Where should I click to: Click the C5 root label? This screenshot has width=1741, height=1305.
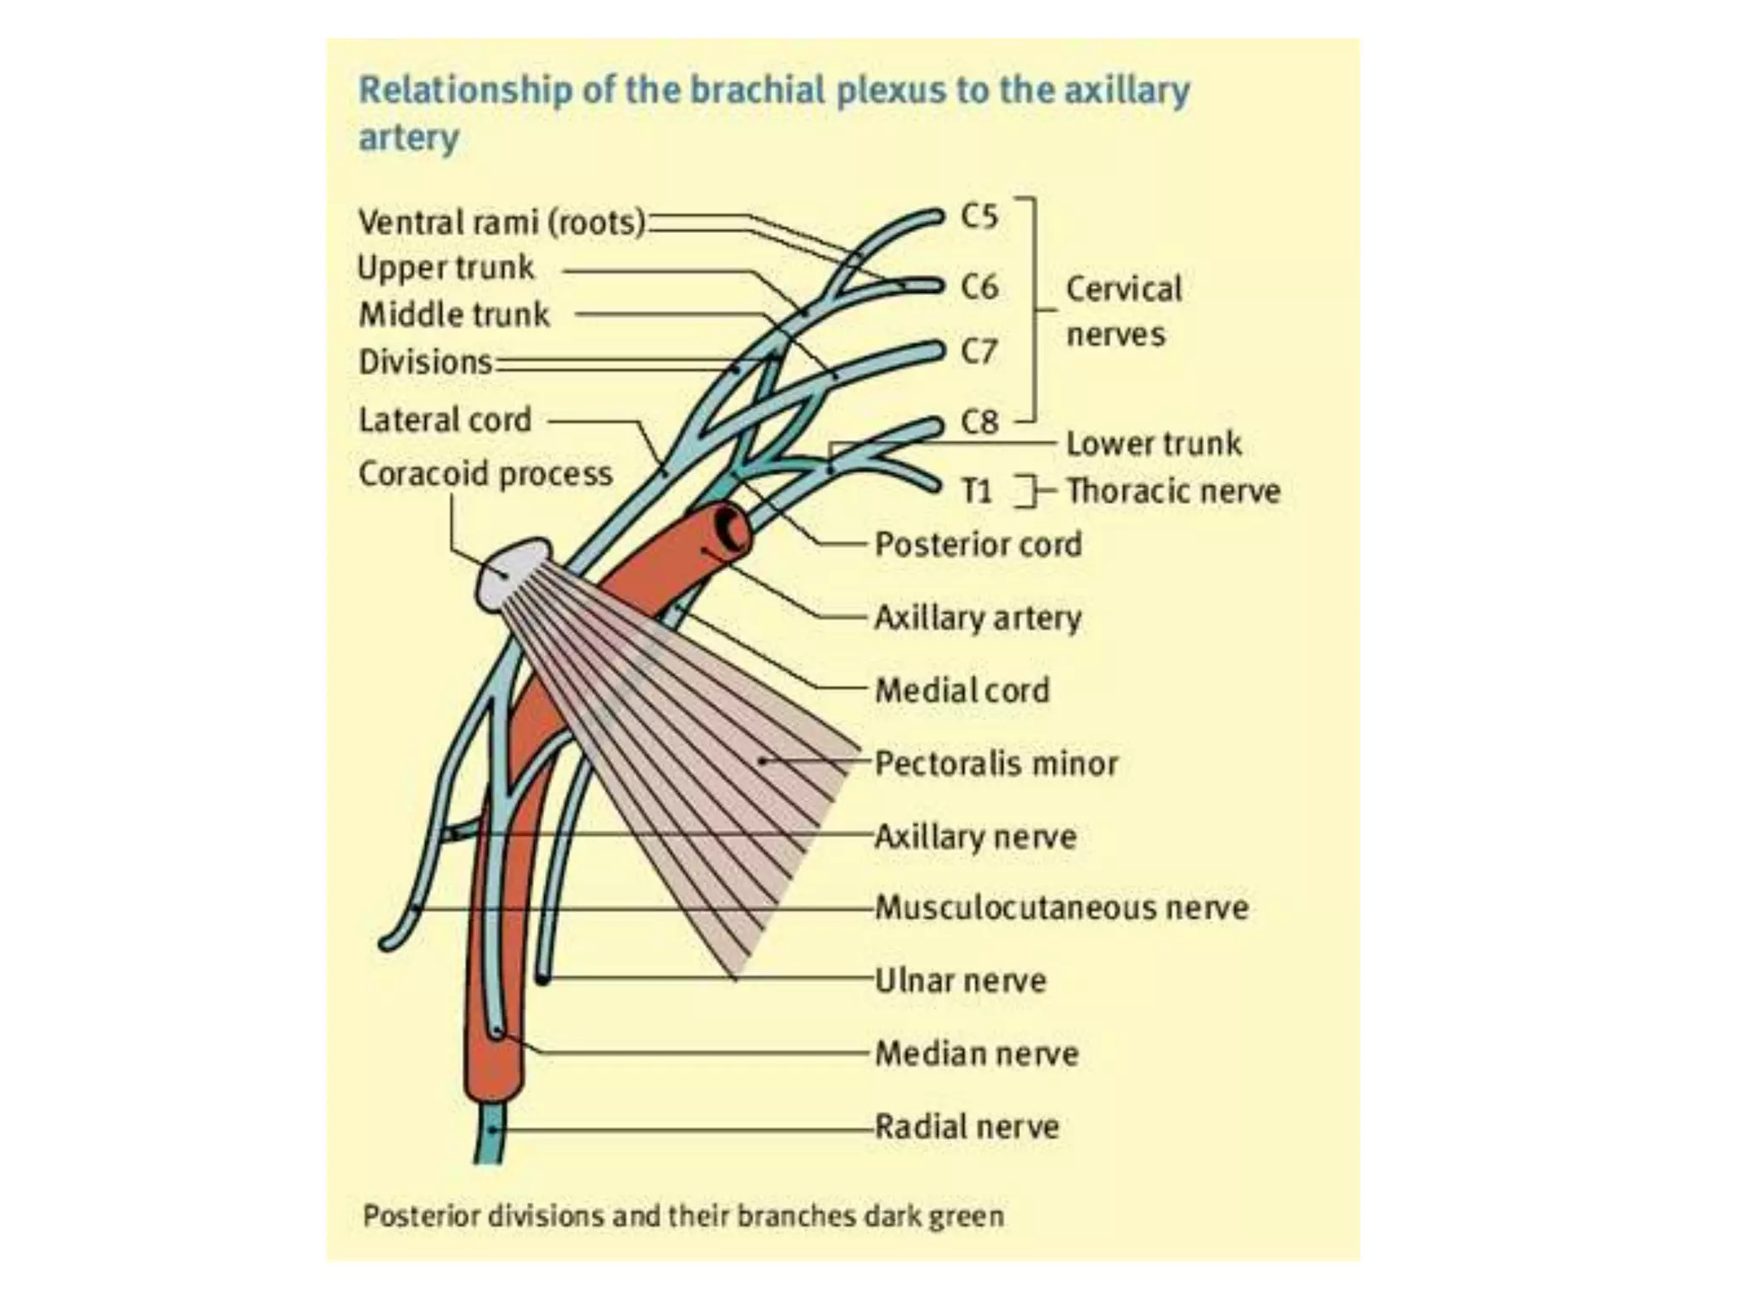pyautogui.click(x=978, y=217)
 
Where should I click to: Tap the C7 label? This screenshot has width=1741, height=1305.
pyautogui.click(x=978, y=351)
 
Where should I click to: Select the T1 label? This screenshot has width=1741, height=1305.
pyautogui.click(x=977, y=491)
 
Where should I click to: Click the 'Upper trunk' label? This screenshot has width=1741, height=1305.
pyautogui.click(x=445, y=268)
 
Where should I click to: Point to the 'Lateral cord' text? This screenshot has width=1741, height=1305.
pyautogui.click(x=445, y=420)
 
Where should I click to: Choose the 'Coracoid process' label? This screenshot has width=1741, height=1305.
pyautogui.click(x=485, y=474)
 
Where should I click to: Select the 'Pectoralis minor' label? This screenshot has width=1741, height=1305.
pyautogui.click(x=996, y=763)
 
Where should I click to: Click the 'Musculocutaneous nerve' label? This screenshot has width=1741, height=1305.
pyautogui.click(x=1062, y=907)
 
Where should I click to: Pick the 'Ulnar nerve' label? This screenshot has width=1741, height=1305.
pyautogui.click(x=961, y=980)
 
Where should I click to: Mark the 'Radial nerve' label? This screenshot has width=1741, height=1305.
pyautogui.click(x=967, y=1127)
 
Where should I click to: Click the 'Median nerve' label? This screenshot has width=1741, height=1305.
pyautogui.click(x=977, y=1054)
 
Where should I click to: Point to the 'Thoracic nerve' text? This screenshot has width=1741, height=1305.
pyautogui.click(x=1173, y=491)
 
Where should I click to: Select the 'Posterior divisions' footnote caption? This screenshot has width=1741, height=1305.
pyautogui.click(x=683, y=1216)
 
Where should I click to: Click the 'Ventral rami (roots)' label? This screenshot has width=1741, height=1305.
pyautogui.click(x=502, y=223)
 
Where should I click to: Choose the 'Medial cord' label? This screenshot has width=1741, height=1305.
pyautogui.click(x=962, y=690)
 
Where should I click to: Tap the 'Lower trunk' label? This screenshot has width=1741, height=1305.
pyautogui.click(x=1154, y=443)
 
